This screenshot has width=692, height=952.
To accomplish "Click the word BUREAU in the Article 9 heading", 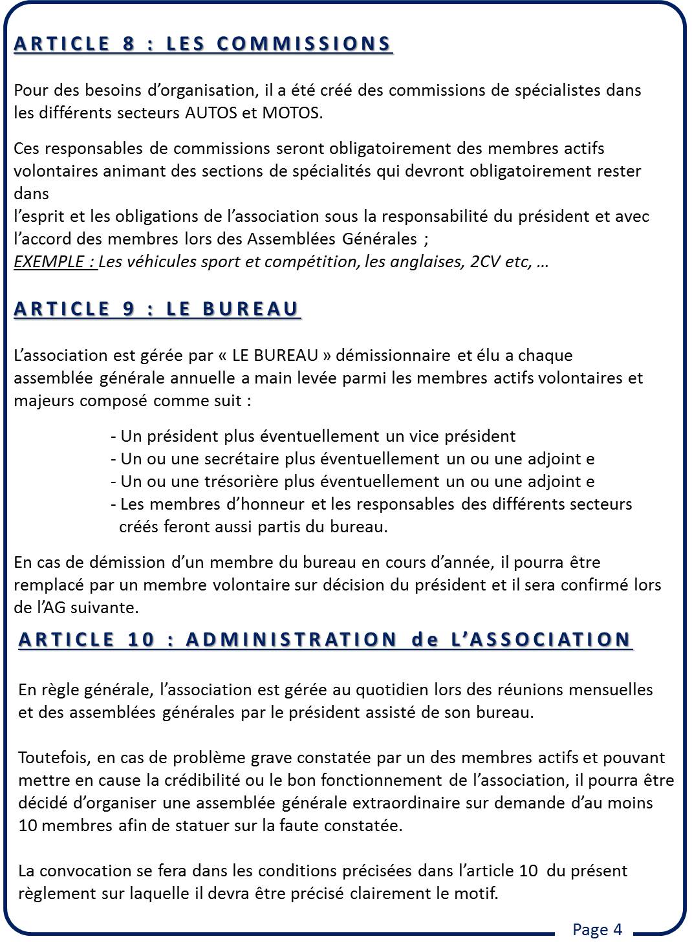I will coord(250,308).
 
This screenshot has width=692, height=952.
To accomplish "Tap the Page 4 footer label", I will coord(597,929).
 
